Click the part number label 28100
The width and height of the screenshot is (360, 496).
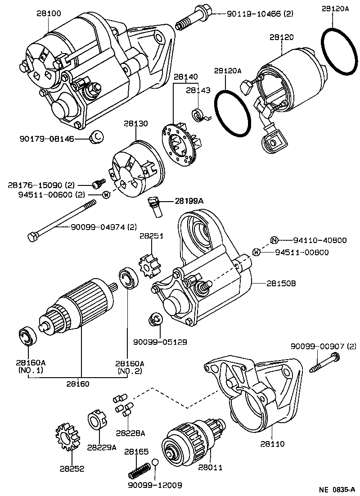coord(49,14)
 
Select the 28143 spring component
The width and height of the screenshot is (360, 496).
coord(200,114)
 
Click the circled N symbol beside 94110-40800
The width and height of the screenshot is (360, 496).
coord(274,240)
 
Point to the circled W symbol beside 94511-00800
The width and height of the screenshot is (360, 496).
coord(256,252)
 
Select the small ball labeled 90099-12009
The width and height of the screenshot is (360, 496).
coord(155,463)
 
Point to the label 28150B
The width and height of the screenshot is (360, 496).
coord(281,284)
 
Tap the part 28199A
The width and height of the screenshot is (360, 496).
coord(155,206)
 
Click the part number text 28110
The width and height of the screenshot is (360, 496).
coord(272,444)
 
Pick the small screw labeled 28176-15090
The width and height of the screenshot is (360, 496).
coord(99,184)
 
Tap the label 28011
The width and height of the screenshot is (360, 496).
coord(210,467)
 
